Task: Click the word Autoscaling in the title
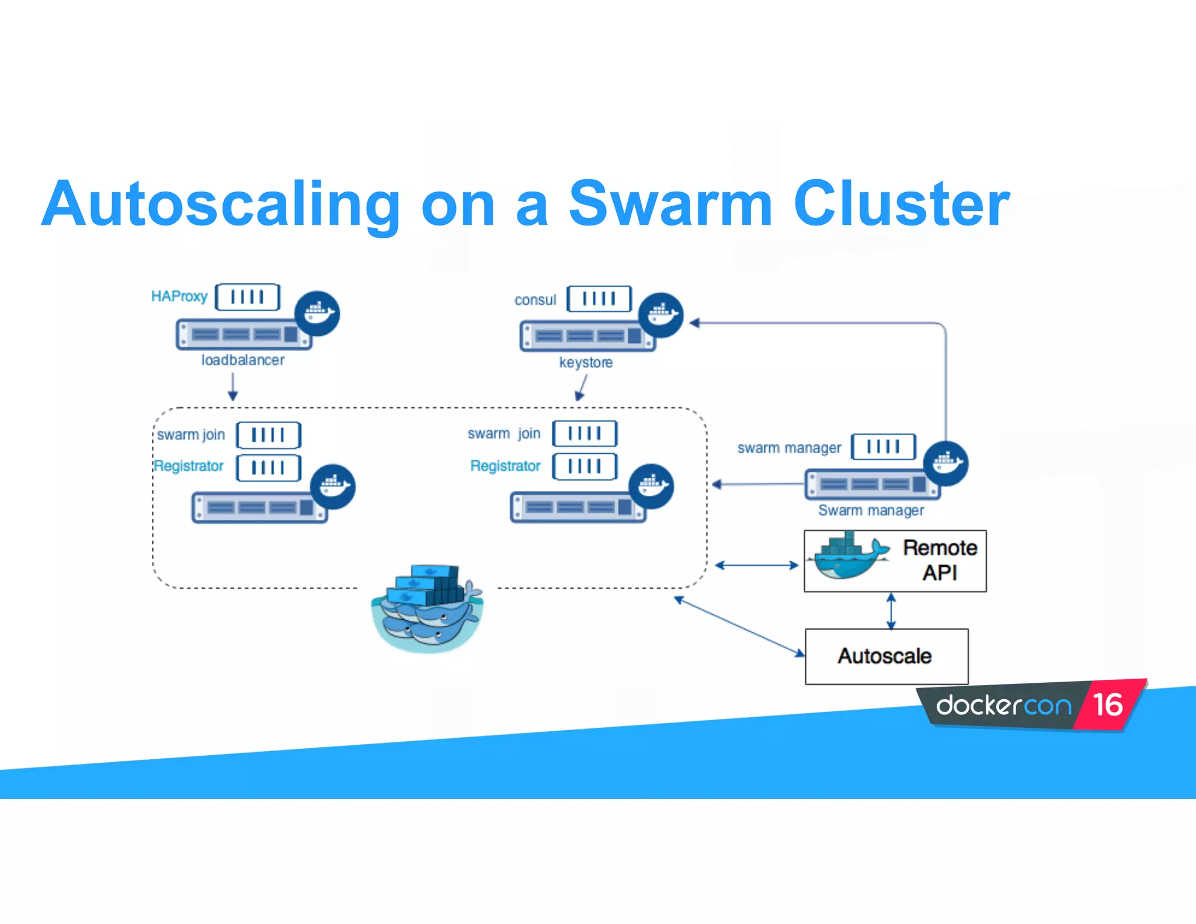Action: click(221, 204)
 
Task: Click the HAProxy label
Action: click(179, 297)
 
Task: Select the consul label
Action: click(535, 300)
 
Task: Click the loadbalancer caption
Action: click(243, 360)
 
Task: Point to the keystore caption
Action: click(586, 363)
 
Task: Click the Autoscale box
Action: click(885, 656)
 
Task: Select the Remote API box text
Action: click(940, 560)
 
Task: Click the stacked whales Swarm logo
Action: click(428, 607)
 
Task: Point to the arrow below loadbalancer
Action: click(233, 387)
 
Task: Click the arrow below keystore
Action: click(582, 388)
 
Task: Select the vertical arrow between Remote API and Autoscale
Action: click(891, 611)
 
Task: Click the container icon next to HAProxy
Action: click(248, 297)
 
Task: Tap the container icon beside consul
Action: click(599, 299)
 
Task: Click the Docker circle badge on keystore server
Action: click(660, 315)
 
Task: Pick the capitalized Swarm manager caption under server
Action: click(871, 510)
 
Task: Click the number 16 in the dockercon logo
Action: click(1107, 705)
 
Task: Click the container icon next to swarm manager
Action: click(883, 447)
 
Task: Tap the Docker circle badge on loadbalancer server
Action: click(317, 313)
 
